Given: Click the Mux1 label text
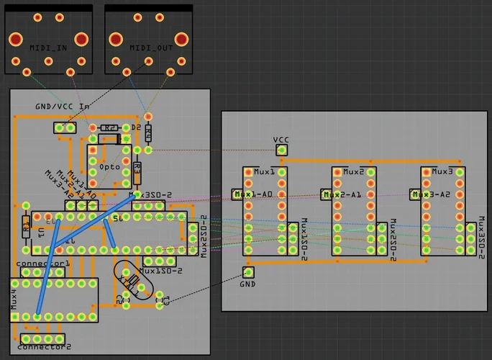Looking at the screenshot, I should pos(264,172).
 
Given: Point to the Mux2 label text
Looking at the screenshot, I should pos(352,172).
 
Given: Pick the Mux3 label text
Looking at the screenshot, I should pos(442,172).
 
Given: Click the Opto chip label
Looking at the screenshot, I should pos(109,166).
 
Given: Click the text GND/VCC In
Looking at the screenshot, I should pos(63,107).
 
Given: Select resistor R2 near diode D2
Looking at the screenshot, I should pos(109,127).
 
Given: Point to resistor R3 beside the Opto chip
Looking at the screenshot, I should pos(137,172).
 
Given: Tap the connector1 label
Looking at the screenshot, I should pos(43,264).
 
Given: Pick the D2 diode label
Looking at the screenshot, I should pos(136,127).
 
